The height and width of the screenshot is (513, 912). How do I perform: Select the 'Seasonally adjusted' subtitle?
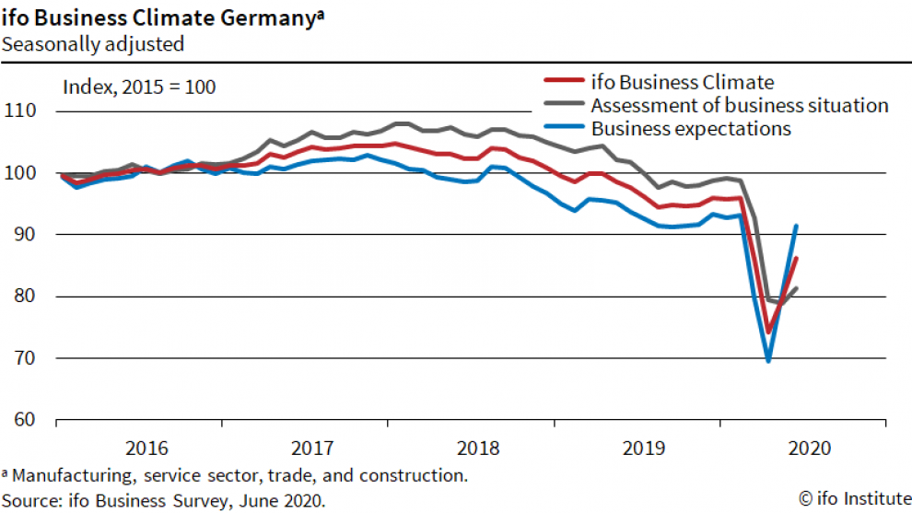coord(93,43)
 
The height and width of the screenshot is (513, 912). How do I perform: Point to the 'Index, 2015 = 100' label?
coord(138,87)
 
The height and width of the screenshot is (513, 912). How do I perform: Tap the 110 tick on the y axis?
coord(20,111)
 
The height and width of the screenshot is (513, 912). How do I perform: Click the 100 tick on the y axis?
coord(20,173)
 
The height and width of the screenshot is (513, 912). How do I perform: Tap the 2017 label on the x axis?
coord(311,449)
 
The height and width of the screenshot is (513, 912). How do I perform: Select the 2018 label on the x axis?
coord(477,449)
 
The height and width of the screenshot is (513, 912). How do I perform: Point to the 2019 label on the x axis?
coord(643,449)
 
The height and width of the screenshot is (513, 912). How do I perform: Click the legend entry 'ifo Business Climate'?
coord(682,83)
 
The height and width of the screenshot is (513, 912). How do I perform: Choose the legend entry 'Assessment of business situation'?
coord(739,105)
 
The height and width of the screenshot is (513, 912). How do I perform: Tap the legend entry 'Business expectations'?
coord(691,128)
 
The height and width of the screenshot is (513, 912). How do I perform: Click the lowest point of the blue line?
coord(767,360)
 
